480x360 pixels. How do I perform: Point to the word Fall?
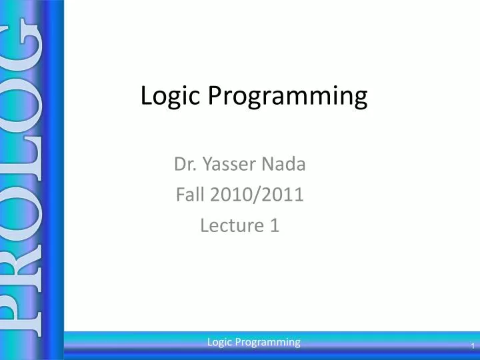pyautogui.click(x=190, y=195)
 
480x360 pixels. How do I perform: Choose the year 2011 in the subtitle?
pyautogui.click(x=283, y=195)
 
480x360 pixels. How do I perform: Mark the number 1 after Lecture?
pyautogui.click(x=274, y=226)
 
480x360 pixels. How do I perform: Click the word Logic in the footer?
pyautogui.click(x=219, y=342)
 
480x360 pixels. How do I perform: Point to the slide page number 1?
pyautogui.click(x=471, y=346)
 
